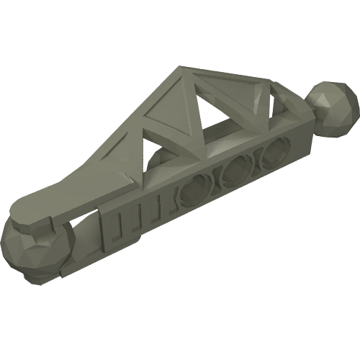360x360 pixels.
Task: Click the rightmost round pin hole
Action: [x=273, y=152]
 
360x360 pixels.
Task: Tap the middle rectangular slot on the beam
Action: [x=133, y=218]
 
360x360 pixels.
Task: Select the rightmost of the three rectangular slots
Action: [x=152, y=210]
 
